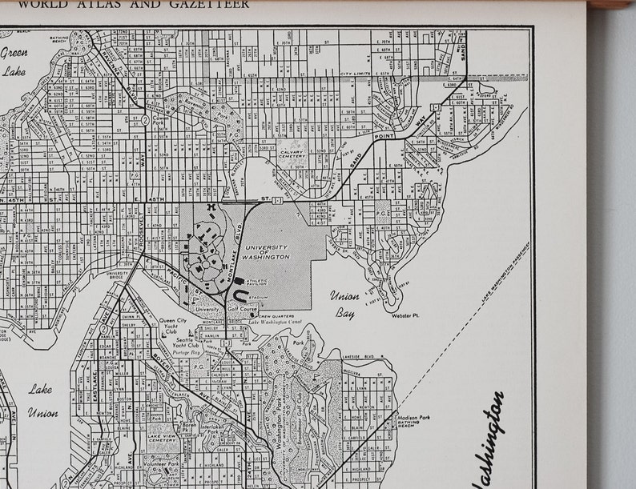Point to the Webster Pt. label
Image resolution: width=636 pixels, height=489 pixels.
coord(406,315)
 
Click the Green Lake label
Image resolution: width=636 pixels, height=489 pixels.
coord(14,61)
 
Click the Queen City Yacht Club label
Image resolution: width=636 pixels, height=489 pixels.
coord(177,323)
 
